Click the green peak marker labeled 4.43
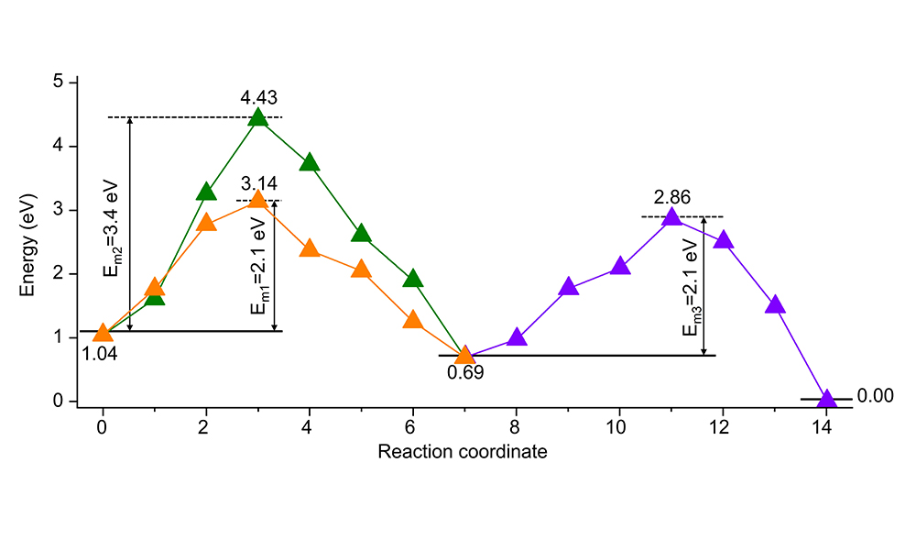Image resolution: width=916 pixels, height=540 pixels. pyautogui.click(x=258, y=117)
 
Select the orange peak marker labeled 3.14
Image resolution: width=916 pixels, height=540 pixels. pyautogui.click(x=258, y=200)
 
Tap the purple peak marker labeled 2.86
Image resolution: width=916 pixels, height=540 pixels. pyautogui.click(x=672, y=217)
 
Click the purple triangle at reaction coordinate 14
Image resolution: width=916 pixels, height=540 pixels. pyautogui.click(x=827, y=399)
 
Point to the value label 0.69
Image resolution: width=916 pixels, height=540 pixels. pyautogui.click(x=465, y=372)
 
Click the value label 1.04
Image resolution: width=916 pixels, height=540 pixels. pyautogui.click(x=99, y=352)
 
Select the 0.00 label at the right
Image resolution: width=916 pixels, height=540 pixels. pyautogui.click(x=874, y=396)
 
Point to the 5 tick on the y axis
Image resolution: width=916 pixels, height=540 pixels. pyautogui.click(x=59, y=83)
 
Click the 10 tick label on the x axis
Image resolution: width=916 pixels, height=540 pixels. pyautogui.click(x=620, y=426)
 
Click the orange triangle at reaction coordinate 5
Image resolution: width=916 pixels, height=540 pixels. pyautogui.click(x=362, y=270)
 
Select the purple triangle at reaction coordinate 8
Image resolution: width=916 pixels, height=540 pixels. pyautogui.click(x=517, y=337)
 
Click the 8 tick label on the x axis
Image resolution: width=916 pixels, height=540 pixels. pyautogui.click(x=517, y=426)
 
